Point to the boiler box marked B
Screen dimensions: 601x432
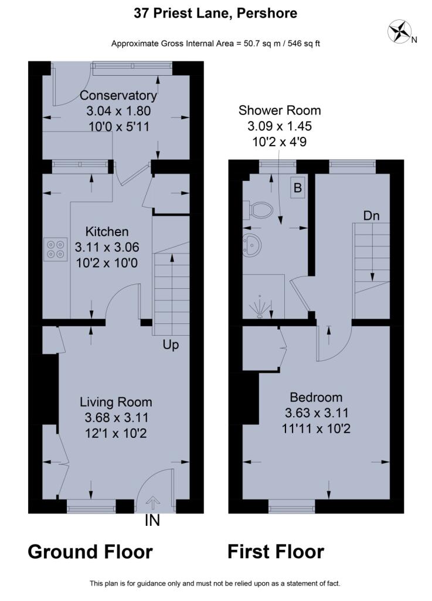tap(298, 188)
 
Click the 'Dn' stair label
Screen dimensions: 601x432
tap(372, 216)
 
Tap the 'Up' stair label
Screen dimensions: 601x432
tap(171, 345)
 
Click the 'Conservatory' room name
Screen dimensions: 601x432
tap(118, 96)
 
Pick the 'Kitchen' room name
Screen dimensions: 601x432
tap(107, 231)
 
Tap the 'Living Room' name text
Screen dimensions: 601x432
tap(115, 402)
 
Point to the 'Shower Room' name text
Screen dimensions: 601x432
tap(280, 110)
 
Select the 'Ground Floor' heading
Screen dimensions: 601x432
tap(90, 552)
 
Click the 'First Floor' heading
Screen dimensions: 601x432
tap(275, 552)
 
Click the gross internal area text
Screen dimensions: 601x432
tap(215, 43)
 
